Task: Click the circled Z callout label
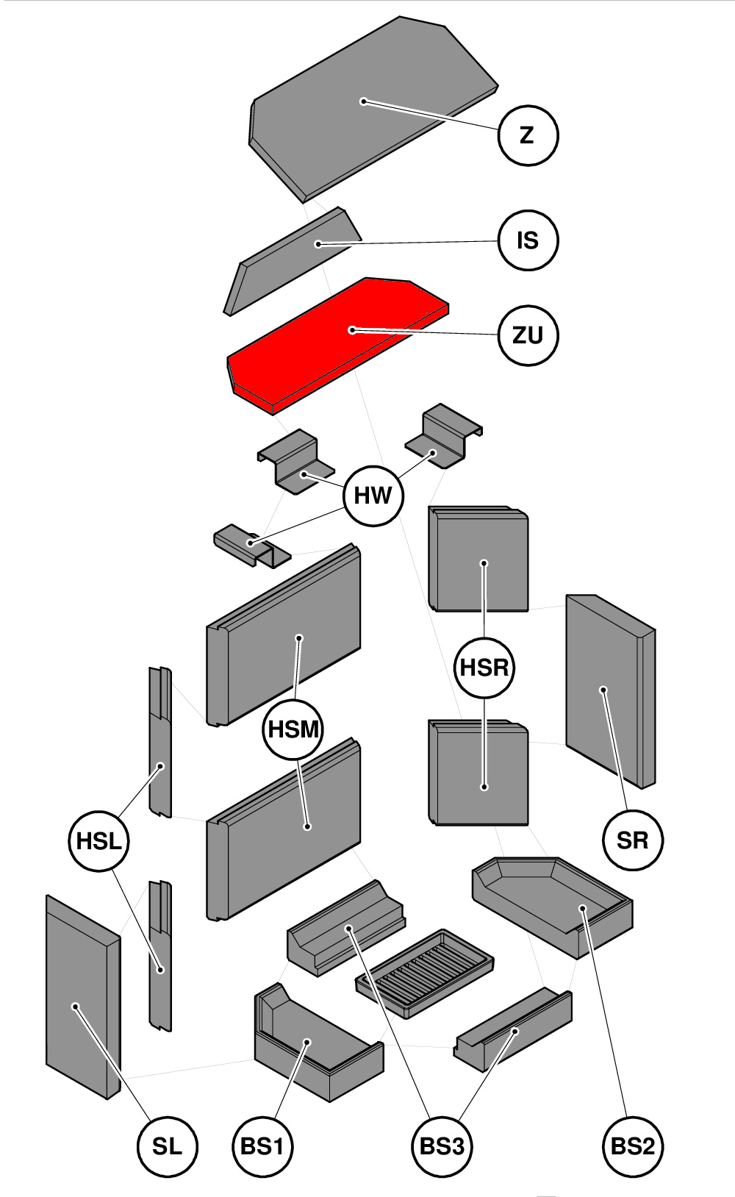point(528,135)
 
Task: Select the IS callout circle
point(528,240)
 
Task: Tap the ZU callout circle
point(528,335)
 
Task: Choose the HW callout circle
point(373,496)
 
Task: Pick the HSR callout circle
point(484,668)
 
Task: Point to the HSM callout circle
point(293,729)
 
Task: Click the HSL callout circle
point(98,841)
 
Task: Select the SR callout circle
point(632,840)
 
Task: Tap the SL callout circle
point(168,1146)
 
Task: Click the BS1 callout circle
point(262,1146)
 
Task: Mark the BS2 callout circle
point(632,1146)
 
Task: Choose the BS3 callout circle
point(442,1146)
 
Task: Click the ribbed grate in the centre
point(425,972)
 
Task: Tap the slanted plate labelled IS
point(294,261)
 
